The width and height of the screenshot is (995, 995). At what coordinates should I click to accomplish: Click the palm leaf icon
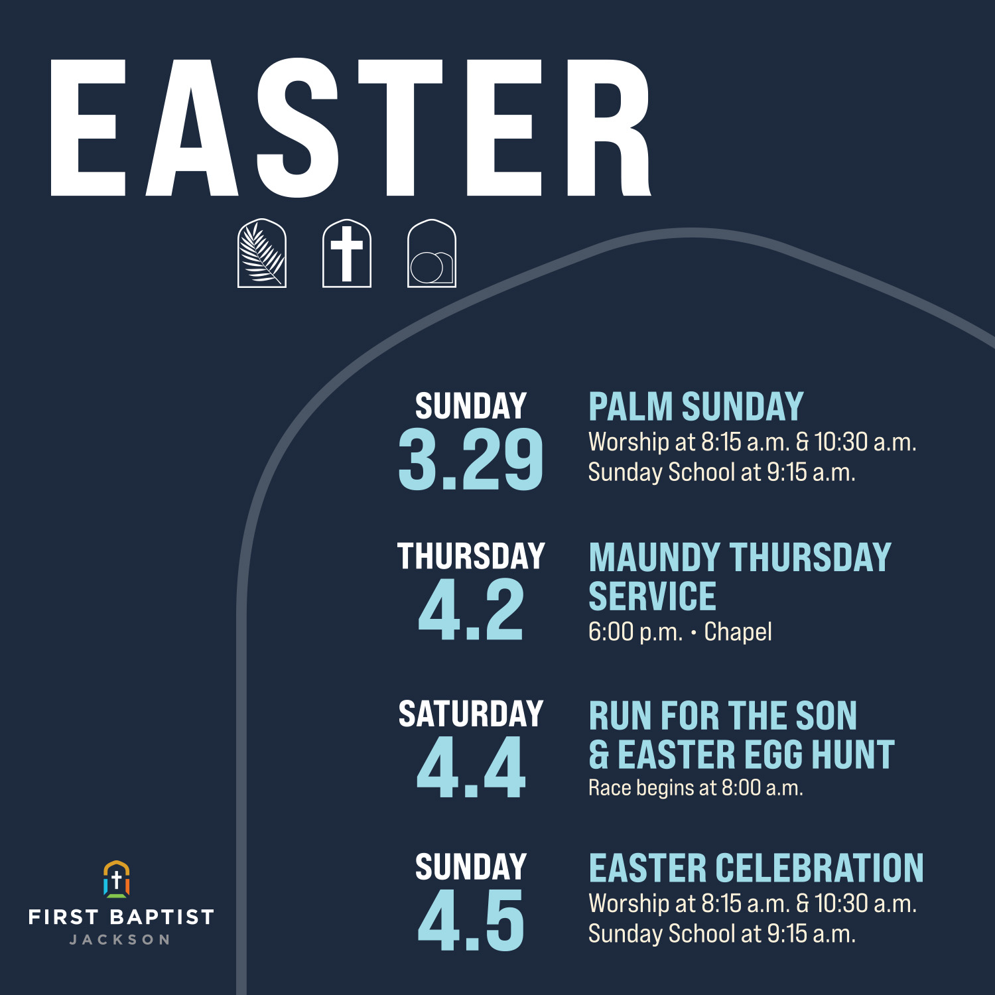click(262, 253)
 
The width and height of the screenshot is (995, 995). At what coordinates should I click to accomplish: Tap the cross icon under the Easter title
click(346, 253)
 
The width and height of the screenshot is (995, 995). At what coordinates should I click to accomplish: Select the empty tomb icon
click(431, 253)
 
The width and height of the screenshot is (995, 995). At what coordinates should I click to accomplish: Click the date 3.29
click(470, 460)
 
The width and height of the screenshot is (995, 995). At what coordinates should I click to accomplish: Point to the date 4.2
click(470, 610)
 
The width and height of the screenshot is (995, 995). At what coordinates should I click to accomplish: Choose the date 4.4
click(470, 768)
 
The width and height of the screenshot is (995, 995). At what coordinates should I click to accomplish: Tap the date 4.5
click(470, 921)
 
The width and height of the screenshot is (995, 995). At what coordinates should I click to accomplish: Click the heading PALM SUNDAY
click(696, 407)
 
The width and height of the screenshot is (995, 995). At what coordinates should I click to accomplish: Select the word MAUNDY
click(654, 557)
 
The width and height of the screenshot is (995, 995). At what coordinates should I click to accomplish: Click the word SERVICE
click(652, 596)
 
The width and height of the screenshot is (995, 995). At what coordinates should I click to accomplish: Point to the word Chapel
click(738, 632)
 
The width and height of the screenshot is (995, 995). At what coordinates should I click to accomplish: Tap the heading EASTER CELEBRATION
click(756, 868)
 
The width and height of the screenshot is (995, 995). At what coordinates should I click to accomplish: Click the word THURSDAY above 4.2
click(470, 556)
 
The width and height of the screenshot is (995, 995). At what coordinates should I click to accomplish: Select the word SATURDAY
click(470, 714)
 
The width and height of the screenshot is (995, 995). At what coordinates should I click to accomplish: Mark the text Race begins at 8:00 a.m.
click(695, 788)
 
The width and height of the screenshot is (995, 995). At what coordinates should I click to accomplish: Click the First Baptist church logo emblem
click(117, 879)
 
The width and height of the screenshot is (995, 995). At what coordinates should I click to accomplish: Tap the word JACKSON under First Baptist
click(120, 939)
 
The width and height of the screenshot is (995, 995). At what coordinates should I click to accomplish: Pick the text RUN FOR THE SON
click(722, 716)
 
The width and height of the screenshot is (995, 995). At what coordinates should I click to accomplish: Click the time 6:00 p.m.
click(635, 632)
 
